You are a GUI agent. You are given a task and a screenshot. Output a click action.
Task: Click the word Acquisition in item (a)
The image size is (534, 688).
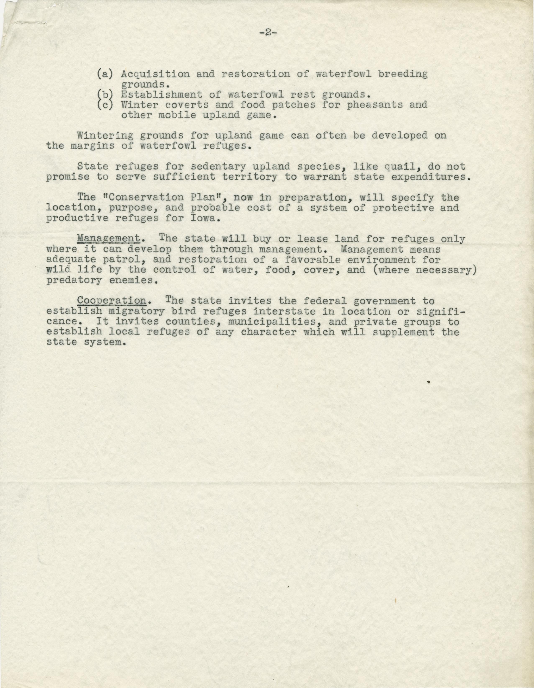155,74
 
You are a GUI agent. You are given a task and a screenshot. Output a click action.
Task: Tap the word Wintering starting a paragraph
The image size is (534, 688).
105,136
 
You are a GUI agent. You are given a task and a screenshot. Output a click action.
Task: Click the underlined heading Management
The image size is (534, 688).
108,239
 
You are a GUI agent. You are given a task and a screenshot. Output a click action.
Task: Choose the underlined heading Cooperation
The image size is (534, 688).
111,301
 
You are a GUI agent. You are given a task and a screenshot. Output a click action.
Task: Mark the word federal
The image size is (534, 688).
318,301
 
